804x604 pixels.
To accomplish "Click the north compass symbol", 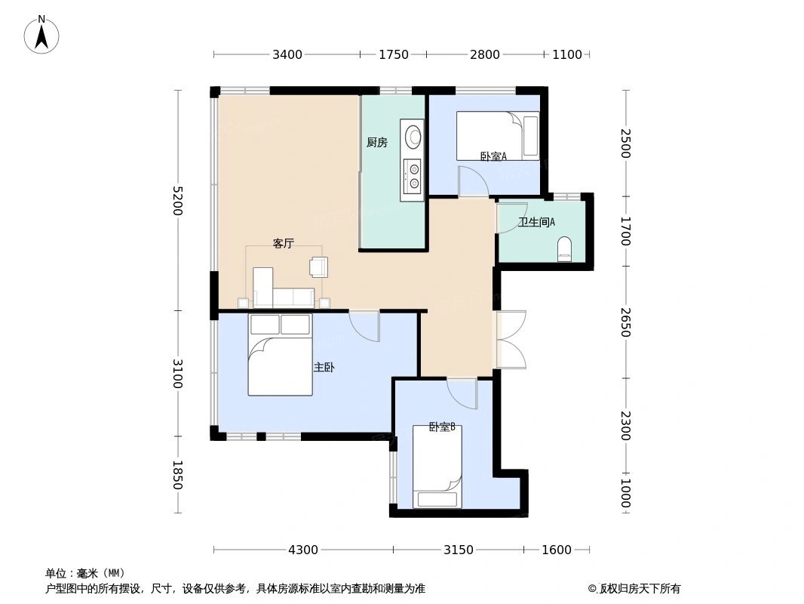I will pyautogui.click(x=41, y=35).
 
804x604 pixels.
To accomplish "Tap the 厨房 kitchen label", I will pyautogui.click(x=376, y=142).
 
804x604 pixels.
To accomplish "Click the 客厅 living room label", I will pyautogui.click(x=283, y=243).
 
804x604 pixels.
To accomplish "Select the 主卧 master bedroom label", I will pyautogui.click(x=324, y=368).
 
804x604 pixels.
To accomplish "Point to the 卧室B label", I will pyautogui.click(x=442, y=427).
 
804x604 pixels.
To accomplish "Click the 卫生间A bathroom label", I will pyautogui.click(x=536, y=222).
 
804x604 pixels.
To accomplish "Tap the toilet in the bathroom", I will pyautogui.click(x=565, y=249).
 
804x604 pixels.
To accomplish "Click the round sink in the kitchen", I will pyautogui.click(x=413, y=137).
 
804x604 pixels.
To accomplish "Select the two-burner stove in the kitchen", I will pyautogui.click(x=413, y=176).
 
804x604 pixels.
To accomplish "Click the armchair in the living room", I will pyautogui.click(x=319, y=267).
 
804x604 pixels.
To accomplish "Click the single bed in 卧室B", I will pyautogui.click(x=437, y=467).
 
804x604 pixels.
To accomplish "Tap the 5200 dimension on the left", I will pyautogui.click(x=177, y=200).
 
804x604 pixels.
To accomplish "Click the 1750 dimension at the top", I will pyautogui.click(x=394, y=54).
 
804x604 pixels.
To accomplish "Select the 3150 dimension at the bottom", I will pyautogui.click(x=458, y=550).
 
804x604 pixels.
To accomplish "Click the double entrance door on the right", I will pyautogui.click(x=511, y=340).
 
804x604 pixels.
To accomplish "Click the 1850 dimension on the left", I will pyautogui.click(x=177, y=475).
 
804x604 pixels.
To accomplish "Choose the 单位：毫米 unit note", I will pyautogui.click(x=85, y=573).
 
